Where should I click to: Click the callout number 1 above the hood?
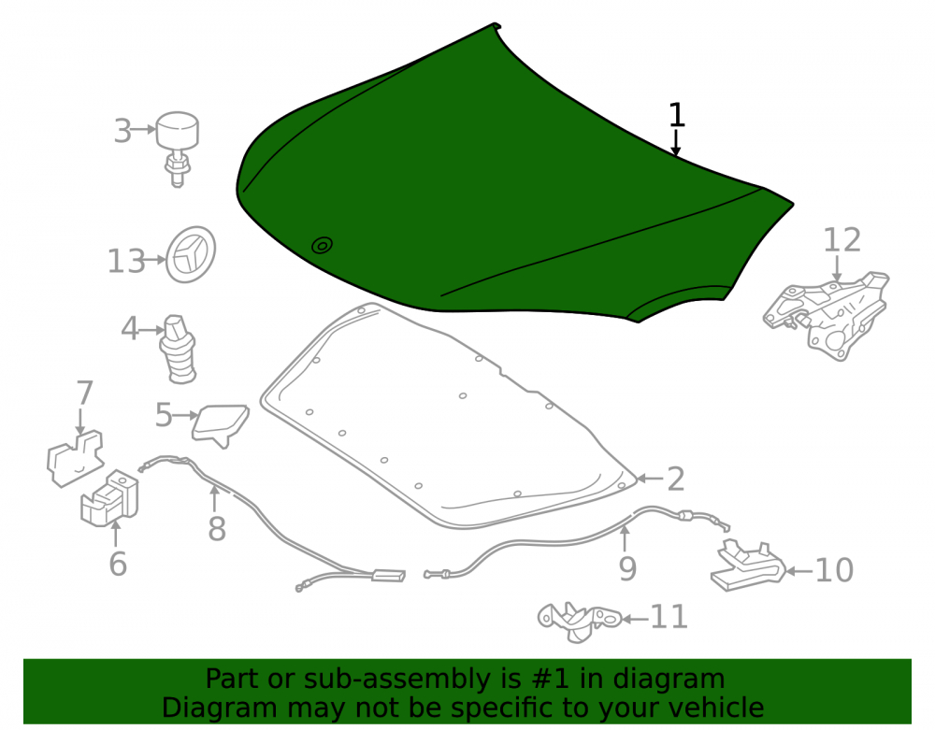676,114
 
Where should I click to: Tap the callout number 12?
842,240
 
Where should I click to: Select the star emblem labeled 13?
190,254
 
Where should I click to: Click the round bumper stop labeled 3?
177,149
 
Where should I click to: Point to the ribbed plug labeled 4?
178,350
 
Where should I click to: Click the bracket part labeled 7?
75,458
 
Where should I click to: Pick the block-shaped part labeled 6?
109,499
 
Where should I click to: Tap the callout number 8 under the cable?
217,528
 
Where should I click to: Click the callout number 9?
627,568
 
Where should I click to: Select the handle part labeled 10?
748,566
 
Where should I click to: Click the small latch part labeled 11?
580,622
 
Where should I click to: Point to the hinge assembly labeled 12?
827,315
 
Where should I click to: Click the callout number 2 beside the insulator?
676,480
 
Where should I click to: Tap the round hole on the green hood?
322,245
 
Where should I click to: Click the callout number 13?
126,262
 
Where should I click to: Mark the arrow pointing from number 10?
799,571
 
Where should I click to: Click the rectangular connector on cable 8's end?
389,577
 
